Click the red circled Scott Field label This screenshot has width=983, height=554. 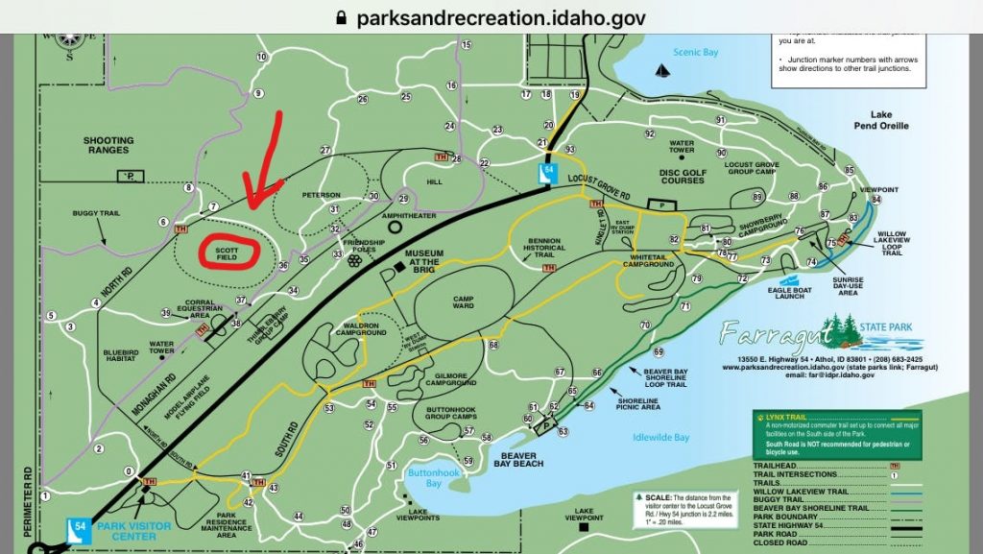tap(228, 252)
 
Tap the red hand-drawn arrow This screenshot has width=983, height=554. tap(262, 163)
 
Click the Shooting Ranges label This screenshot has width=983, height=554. tap(108, 145)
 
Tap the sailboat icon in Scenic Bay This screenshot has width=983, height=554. tap(661, 70)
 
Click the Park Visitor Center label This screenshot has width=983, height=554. tap(119, 531)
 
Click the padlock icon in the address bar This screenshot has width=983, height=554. tap(338, 17)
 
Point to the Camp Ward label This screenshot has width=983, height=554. tap(463, 303)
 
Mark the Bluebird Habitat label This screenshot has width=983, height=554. tap(121, 357)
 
